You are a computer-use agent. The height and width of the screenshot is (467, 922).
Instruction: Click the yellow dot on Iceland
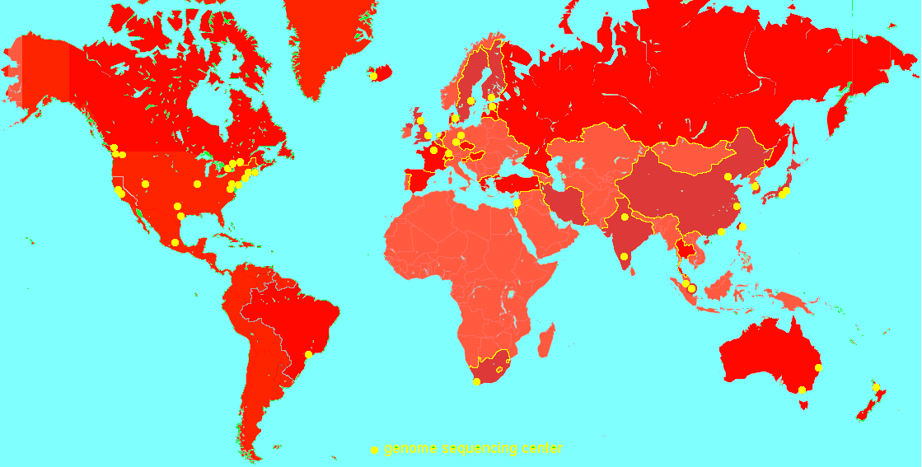[373, 76]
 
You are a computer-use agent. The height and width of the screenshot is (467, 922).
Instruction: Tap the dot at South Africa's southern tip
[476, 381]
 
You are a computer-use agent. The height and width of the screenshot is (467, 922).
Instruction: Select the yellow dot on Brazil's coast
[309, 354]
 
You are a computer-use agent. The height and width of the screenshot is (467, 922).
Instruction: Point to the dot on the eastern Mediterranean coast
[517, 203]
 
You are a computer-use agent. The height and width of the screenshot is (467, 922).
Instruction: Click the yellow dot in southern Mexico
[175, 242]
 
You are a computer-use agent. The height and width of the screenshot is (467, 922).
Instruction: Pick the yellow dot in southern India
[625, 256]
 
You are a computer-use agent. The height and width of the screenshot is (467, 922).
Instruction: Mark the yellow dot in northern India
[625, 217]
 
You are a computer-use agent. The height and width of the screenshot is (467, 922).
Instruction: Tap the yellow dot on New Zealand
[876, 387]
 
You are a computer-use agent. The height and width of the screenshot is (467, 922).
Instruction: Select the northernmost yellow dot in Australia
[818, 367]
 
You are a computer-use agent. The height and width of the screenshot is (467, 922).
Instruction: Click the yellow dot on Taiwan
[742, 226]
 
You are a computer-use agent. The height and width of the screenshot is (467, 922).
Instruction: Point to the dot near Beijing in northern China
[728, 176]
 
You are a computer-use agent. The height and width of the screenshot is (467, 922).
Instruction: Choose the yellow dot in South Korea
[756, 186]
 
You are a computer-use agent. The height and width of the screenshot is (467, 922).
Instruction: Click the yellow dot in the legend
[374, 450]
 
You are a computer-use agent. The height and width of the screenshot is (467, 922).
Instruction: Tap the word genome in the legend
[410, 449]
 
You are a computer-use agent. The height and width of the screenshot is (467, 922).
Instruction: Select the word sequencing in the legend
[480, 449]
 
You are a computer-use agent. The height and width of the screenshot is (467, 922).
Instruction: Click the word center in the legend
[542, 449]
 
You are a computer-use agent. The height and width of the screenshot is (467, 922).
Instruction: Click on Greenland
[330, 41]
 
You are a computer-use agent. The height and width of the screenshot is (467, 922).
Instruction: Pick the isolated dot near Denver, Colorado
[145, 184]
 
